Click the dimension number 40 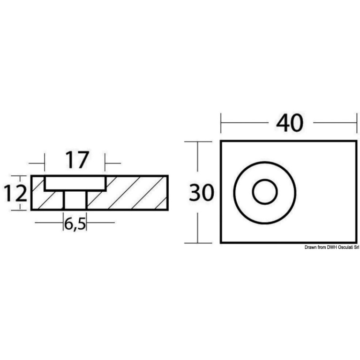tap(290, 123)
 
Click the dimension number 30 tap(202, 192)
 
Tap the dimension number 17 tap(77, 160)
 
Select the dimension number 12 tap(15, 193)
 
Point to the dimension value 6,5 tap(75, 225)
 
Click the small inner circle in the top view tap(265, 192)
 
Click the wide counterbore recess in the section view tap(75, 183)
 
